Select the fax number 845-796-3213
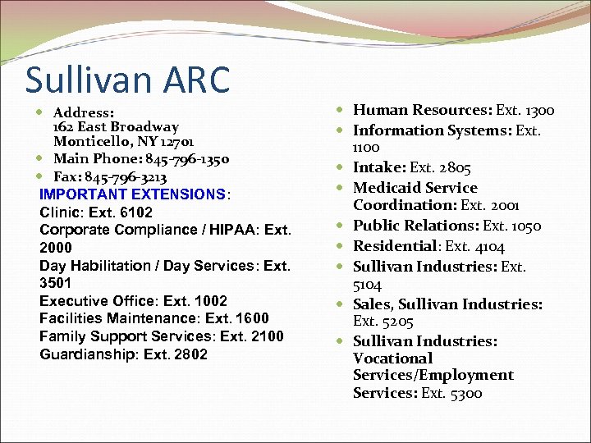[132, 176]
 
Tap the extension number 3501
[55, 283]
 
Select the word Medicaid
[383, 188]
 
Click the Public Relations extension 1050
[523, 226]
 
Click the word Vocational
[392, 359]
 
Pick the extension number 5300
[465, 393]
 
